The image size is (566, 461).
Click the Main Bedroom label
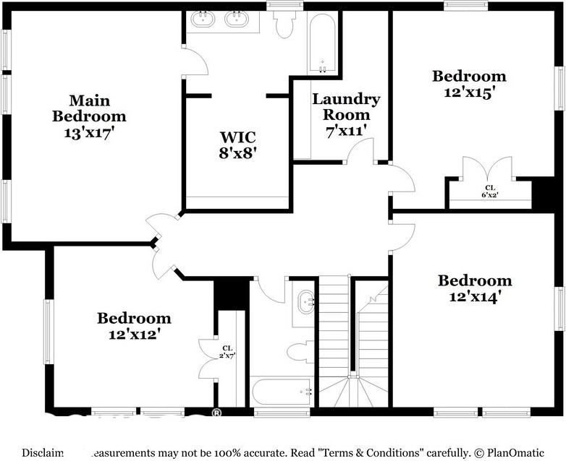89,108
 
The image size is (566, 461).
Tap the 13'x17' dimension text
89,133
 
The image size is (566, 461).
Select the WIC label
238,136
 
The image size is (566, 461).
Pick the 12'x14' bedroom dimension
475,296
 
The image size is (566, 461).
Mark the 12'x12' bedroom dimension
135,334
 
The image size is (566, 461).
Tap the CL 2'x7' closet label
227,351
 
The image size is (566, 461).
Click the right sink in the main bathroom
237,20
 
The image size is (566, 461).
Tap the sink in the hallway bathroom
305,299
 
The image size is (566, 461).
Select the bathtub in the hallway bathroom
282,391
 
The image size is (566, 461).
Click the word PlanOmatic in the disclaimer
518,453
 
